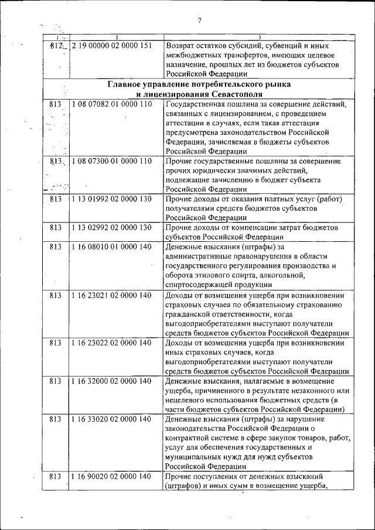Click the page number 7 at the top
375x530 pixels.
point(199,20)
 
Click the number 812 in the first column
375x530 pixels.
point(56,46)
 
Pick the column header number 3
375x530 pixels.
point(259,37)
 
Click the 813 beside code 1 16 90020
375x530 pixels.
point(56,477)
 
